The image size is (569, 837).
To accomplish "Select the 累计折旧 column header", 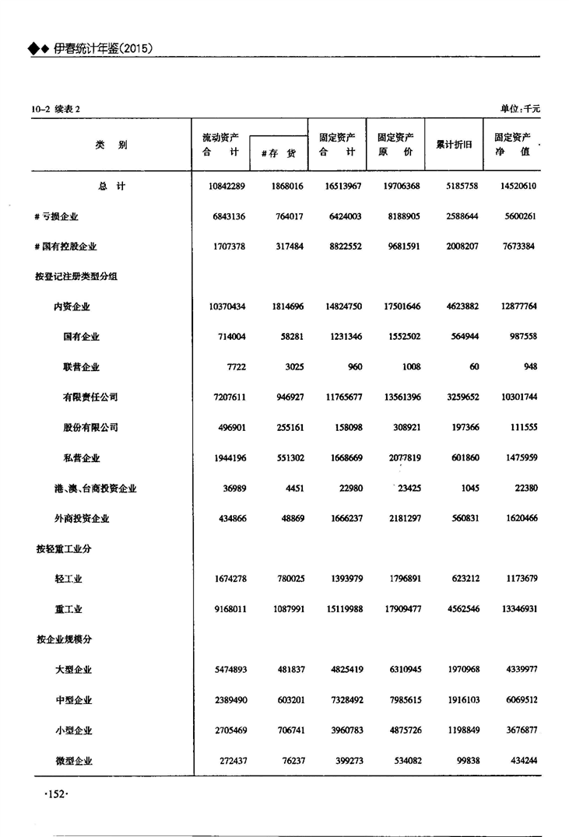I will pos(454,145).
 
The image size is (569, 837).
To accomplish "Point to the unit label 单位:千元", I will pos(520,109).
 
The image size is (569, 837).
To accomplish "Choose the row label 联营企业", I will pos(81,367).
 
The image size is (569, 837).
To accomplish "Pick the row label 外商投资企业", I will pos(81,519).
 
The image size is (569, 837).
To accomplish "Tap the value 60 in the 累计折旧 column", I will pos(474,367).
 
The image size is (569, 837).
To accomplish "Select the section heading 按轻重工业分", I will pos(63,549).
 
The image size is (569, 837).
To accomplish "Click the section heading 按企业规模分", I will pos(63,639).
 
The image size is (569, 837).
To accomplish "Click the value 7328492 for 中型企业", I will pos(341,700).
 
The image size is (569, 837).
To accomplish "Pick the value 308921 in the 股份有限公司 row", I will pos(403,428).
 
